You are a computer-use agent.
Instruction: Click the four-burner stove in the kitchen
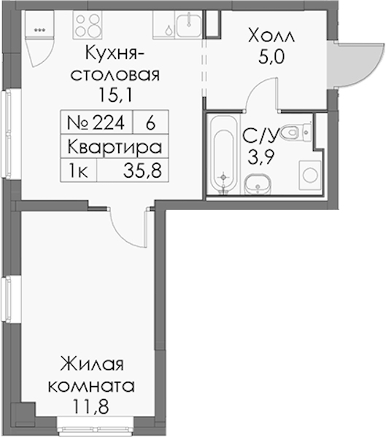pos(88,25)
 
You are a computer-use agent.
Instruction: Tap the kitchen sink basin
pos(188,25)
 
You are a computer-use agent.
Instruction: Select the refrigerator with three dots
pos(39,24)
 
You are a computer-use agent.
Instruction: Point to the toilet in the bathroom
pos(296,132)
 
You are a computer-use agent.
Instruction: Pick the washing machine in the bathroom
pos(310,176)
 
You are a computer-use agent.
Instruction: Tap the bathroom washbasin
pos(258,184)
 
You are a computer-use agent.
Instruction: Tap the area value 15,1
pos(115,95)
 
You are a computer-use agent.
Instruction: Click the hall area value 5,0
pos(271,57)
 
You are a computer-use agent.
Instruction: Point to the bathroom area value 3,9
pos(261,157)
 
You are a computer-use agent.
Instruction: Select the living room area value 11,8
pos(90,406)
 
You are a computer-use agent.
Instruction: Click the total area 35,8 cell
pos(133,170)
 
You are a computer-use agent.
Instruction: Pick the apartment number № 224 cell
pos(97,122)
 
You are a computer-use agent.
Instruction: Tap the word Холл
pos(271,37)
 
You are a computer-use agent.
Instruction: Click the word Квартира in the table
pos(115,147)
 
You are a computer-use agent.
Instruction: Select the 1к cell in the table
pos(79,170)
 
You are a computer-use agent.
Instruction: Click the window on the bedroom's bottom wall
pos(96,425)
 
